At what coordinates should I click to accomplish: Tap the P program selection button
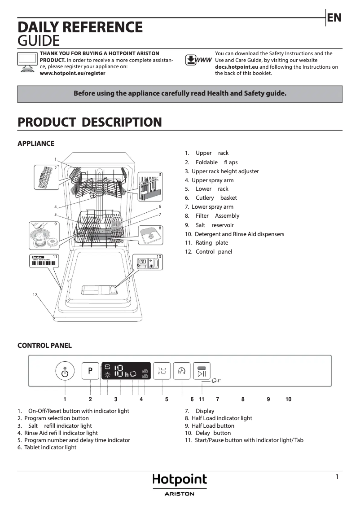(x=90, y=371)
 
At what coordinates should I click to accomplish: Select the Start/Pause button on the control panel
(x=202, y=371)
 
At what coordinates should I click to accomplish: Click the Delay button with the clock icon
(x=182, y=371)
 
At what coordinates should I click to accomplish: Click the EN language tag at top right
(x=334, y=18)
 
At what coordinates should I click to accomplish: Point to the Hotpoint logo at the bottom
(x=180, y=480)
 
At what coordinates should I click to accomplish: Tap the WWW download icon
(x=198, y=61)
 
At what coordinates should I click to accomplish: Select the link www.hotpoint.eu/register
(x=73, y=73)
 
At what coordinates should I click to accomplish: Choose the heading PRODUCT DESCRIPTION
(x=89, y=122)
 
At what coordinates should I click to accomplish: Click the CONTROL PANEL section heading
(x=44, y=345)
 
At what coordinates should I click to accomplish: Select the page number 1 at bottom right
(x=337, y=477)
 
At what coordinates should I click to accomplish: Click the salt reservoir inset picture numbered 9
(x=44, y=236)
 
